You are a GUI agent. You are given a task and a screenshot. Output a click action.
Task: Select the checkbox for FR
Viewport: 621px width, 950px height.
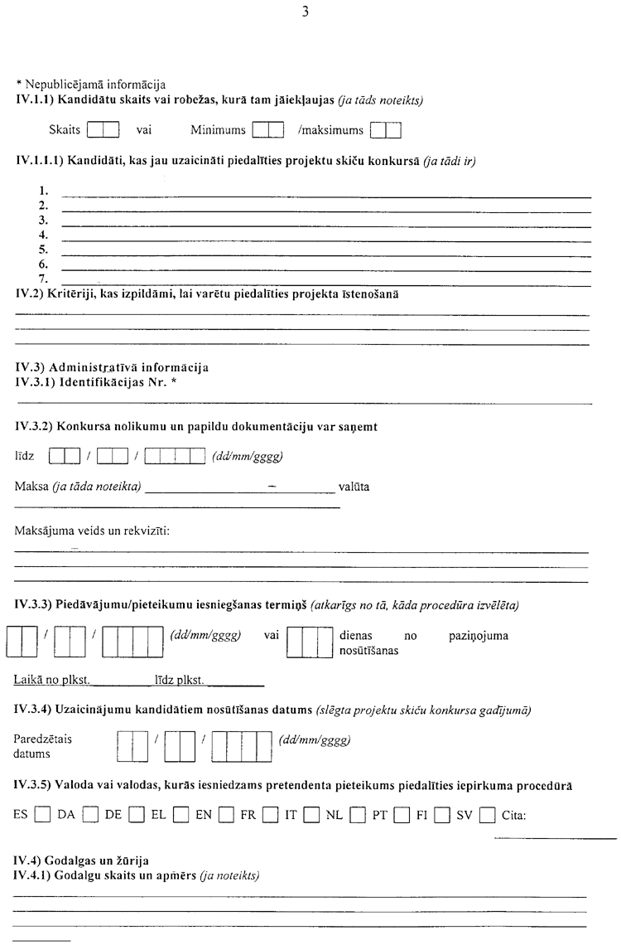click(269, 815)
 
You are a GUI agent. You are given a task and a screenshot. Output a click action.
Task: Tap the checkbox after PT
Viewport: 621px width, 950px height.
click(401, 815)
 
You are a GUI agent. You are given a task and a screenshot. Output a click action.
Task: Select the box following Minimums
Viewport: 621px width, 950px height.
click(268, 130)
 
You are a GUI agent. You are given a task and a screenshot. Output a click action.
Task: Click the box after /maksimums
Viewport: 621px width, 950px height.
click(386, 130)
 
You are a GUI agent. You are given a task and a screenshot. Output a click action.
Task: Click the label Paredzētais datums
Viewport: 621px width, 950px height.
click(43, 747)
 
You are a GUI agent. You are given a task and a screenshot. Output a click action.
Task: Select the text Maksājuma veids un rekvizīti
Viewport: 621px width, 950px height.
click(92, 530)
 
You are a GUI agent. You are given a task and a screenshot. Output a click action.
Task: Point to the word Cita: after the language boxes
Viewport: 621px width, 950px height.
click(514, 815)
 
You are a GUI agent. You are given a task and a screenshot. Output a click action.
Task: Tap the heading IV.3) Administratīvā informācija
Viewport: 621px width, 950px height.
click(112, 367)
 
